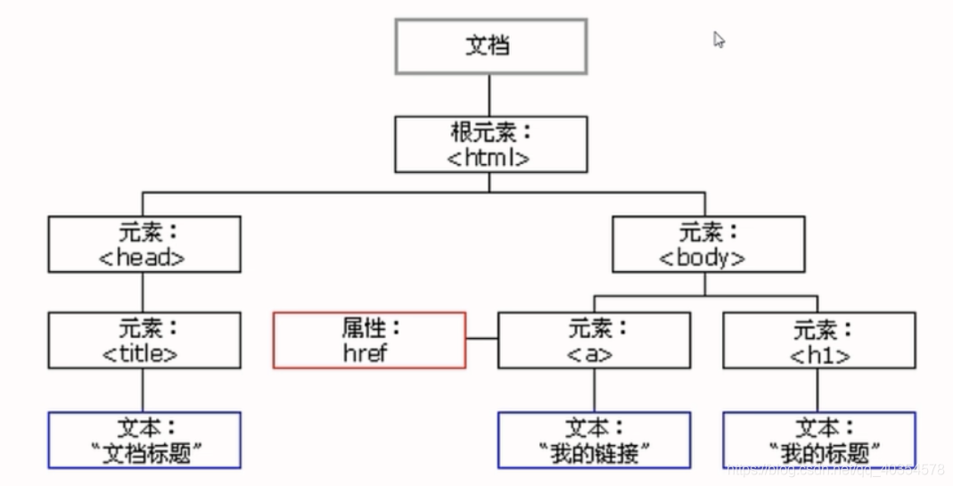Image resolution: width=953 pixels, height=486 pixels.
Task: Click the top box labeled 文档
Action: (491, 45)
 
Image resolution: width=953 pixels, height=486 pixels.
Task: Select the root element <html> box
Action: (491, 144)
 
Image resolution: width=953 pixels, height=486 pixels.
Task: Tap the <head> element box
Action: (144, 243)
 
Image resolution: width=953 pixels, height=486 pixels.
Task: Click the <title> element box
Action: (144, 340)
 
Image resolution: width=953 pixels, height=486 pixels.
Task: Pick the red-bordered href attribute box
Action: (369, 340)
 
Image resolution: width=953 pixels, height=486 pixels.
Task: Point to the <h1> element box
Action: (818, 340)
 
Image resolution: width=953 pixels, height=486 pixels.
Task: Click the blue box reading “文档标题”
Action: (144, 440)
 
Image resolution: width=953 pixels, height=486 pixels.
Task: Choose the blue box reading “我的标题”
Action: (818, 440)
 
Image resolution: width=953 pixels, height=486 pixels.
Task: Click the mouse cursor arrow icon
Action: (719, 40)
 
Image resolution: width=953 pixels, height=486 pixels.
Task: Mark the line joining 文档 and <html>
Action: (490, 95)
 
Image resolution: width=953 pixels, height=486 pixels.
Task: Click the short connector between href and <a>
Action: (481, 339)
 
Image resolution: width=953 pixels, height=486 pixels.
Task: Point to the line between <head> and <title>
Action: (143, 292)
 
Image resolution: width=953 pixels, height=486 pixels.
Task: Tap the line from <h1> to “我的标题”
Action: (818, 390)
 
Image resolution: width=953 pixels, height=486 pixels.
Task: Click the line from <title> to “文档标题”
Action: (143, 390)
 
